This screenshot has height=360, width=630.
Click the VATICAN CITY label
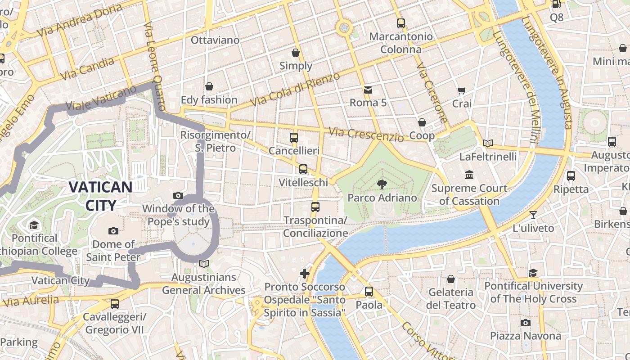[x=100, y=196]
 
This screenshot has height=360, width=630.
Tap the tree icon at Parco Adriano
[x=382, y=184]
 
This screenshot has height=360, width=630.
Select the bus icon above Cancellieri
[x=294, y=138]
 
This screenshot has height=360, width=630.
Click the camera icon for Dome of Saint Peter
[x=113, y=231]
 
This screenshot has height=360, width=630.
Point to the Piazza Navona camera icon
[x=525, y=323]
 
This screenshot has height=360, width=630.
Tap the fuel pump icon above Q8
[x=556, y=4]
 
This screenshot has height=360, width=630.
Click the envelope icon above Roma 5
[x=368, y=90]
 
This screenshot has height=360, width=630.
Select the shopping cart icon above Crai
[x=461, y=91]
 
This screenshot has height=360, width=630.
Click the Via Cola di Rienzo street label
[x=295, y=90]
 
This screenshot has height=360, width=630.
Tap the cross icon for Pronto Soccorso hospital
[x=305, y=273]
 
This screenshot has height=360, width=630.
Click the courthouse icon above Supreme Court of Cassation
[x=469, y=175]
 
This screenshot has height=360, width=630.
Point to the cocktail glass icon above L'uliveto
[x=533, y=215]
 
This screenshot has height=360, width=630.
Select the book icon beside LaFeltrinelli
[x=488, y=144]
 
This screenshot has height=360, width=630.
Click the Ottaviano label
[x=215, y=40]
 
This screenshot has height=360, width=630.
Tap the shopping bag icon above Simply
[x=296, y=53]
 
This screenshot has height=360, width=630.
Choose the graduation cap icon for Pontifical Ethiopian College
[x=34, y=225]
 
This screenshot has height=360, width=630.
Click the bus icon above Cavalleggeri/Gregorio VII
[x=115, y=304]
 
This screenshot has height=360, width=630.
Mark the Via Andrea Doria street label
[x=80, y=21]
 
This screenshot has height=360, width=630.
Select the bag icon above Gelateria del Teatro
[x=450, y=279]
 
